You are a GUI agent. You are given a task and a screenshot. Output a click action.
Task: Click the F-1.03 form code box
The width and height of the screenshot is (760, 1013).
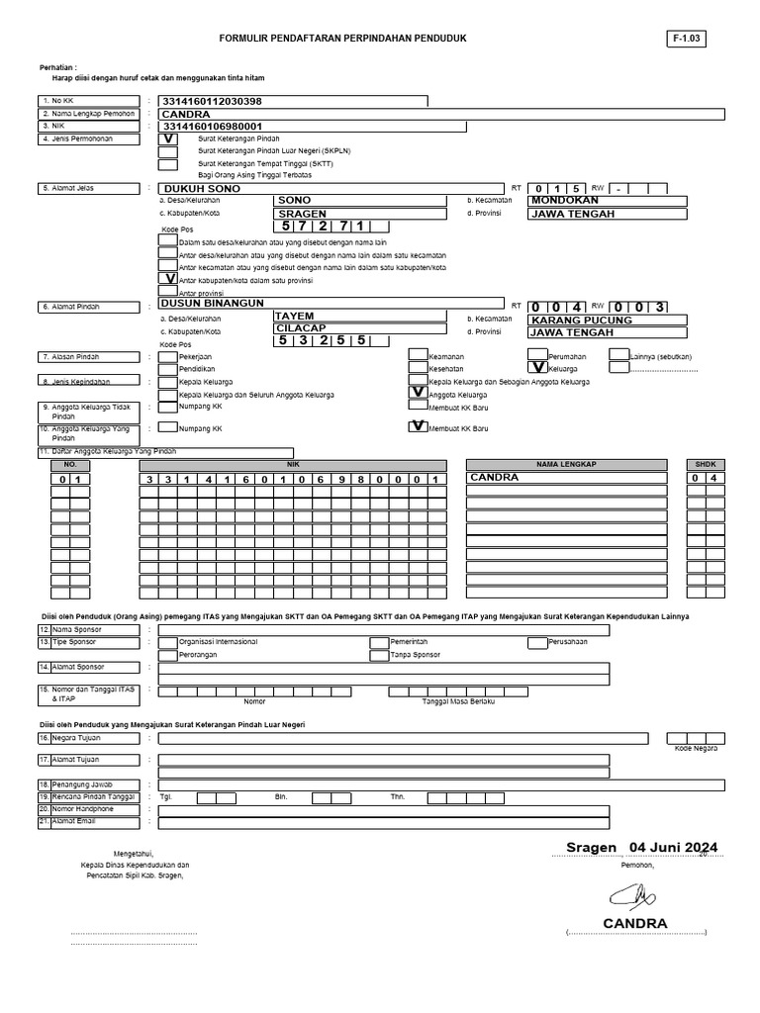[x=689, y=39]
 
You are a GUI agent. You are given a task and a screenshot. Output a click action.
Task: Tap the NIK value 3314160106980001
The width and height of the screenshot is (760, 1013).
[x=212, y=127]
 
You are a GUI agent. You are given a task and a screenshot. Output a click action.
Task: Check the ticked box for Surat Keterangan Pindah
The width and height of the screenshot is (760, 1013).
[x=168, y=139]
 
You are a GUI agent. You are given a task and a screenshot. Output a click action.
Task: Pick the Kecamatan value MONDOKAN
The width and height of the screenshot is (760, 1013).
[x=565, y=199]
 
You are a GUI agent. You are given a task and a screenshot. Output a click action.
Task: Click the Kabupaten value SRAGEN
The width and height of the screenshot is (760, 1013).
[x=302, y=213]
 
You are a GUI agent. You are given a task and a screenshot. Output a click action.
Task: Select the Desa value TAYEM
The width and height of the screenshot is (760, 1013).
[x=296, y=317]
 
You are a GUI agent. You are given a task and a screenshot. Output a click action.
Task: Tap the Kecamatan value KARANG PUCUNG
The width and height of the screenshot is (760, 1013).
[x=581, y=320]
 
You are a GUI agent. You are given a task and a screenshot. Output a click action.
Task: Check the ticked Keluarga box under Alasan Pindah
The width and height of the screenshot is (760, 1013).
[x=538, y=367]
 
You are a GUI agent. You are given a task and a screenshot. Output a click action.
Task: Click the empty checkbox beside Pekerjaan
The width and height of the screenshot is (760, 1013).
[x=168, y=354]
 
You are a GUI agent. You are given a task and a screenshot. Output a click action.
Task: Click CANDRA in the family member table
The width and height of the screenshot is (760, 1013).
[x=495, y=478]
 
